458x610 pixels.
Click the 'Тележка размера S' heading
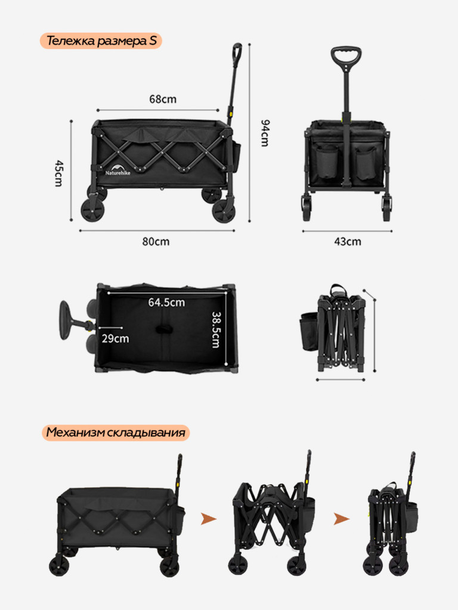coord(101,41)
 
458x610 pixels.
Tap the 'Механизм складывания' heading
coord(116,432)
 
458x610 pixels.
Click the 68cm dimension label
coord(163,99)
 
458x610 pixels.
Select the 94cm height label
coord(264,133)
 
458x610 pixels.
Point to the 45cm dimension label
coord(58,173)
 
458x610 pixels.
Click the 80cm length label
coord(156,242)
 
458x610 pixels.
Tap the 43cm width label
coord(348,242)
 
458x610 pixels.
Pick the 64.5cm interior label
coord(167,302)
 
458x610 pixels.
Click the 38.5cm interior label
coord(216,330)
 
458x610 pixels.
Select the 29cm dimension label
coord(115,338)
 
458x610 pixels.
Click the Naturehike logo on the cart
coord(117,170)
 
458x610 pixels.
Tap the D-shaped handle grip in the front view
coord(346,58)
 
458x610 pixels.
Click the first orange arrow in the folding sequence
coord(209,519)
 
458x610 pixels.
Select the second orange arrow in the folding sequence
coord(342,519)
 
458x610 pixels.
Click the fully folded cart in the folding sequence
coord(392,514)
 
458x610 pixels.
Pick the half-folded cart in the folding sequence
coord(271,513)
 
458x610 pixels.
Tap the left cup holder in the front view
coord(327,162)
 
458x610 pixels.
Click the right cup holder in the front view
coord(366,163)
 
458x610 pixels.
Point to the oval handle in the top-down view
coord(65,320)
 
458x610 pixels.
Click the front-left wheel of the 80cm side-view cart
coord(92,210)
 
